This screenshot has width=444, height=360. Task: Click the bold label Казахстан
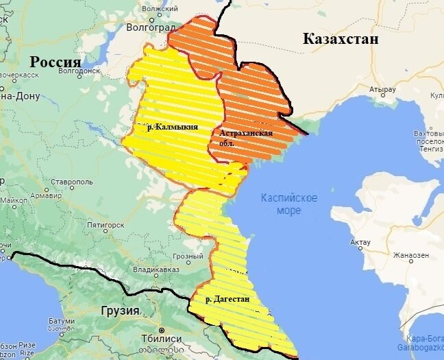(x=341, y=40)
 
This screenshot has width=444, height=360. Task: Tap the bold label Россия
(x=55, y=62)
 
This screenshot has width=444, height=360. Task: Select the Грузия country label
(x=121, y=311)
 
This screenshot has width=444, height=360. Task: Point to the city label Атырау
(x=382, y=90)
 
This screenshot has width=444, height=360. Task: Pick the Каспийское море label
(x=288, y=204)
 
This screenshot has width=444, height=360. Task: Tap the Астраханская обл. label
(x=246, y=137)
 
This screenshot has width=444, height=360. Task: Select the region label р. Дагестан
(x=227, y=300)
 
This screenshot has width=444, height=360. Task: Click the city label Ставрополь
(x=71, y=182)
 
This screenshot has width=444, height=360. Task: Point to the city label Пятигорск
(x=106, y=224)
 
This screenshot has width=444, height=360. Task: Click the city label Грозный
(x=188, y=256)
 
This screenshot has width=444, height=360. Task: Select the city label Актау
(x=360, y=242)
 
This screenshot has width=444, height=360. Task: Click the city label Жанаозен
(x=411, y=255)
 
